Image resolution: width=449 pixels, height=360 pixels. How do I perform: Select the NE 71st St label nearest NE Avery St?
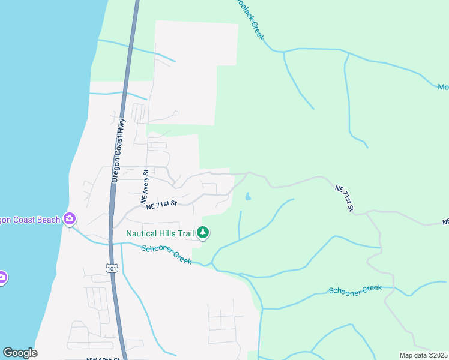[x=161, y=204]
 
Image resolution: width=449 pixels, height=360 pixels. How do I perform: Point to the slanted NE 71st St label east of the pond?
[x=344, y=198]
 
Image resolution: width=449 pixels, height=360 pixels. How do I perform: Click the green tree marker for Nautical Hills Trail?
[x=203, y=233]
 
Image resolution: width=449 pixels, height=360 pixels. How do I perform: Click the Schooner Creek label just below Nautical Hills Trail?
[x=166, y=254]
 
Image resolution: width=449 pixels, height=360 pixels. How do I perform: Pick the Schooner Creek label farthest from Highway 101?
[x=355, y=289]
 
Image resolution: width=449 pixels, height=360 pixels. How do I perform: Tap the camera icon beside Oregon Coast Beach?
[x=70, y=219]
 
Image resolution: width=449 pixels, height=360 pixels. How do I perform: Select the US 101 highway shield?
[x=112, y=268]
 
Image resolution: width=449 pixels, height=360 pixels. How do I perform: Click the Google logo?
[x=20, y=353]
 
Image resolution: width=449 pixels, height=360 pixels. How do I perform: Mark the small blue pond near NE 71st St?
[x=247, y=196]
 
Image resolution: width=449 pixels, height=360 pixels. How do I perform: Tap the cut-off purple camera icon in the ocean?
[x=2, y=277]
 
